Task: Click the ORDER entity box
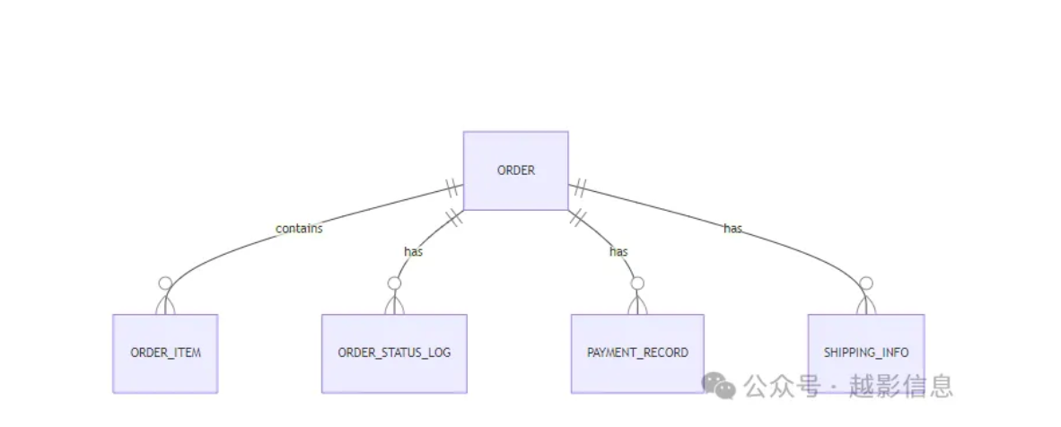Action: coord(515,170)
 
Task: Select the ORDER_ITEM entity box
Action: coord(165,353)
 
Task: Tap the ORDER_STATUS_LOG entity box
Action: coord(394,353)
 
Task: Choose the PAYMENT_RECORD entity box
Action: coord(637,353)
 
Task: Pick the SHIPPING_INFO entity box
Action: coord(865,353)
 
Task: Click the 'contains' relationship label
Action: coord(299,229)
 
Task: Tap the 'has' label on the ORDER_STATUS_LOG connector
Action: coord(413,252)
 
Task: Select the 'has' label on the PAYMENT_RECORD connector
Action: coord(618,252)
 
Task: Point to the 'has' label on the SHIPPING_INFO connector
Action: coord(732,229)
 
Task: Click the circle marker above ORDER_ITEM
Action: coord(165,283)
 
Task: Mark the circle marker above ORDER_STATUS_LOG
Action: coord(394,283)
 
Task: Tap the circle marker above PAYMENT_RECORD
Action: coord(637,283)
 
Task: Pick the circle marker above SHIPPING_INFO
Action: coord(865,283)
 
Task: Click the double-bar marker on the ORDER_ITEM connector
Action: coord(452,189)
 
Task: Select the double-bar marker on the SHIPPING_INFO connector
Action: coord(580,189)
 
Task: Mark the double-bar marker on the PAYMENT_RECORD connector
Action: coord(577,217)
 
